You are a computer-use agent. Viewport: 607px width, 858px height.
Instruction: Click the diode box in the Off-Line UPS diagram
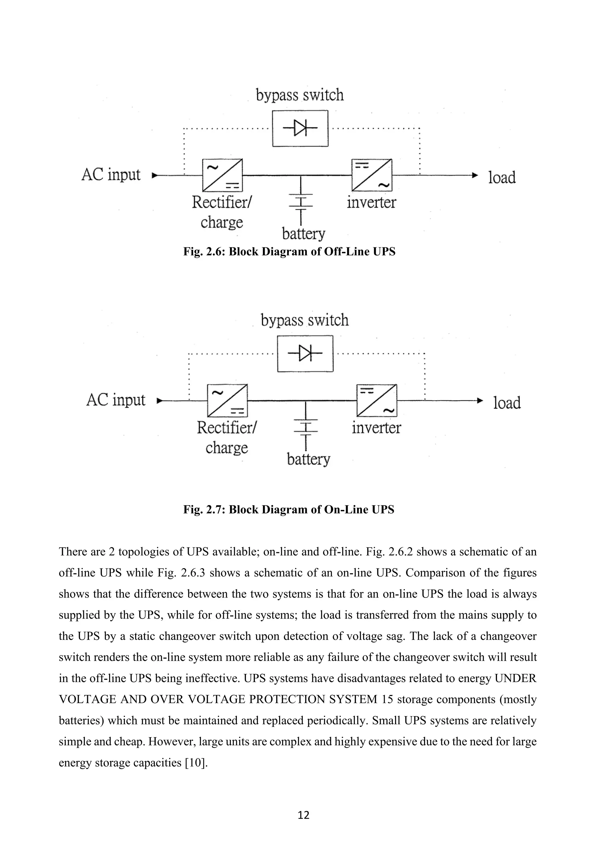click(300, 128)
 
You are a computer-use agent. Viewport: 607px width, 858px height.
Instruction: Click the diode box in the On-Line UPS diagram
click(305, 353)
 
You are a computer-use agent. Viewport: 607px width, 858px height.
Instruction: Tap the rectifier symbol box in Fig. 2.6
click(222, 175)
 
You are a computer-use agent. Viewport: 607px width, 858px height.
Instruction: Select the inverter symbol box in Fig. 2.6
click(372, 175)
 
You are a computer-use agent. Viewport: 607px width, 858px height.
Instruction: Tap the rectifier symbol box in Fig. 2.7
click(227, 400)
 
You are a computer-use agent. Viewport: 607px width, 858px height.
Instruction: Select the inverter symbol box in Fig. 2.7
click(377, 400)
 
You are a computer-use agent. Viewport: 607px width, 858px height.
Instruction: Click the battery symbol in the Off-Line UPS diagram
click(301, 202)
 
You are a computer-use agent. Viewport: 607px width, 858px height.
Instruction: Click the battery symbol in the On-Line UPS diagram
click(306, 427)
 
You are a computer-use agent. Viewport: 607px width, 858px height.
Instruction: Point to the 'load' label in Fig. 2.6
click(502, 177)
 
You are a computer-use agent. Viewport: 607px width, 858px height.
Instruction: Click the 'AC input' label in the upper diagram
click(111, 175)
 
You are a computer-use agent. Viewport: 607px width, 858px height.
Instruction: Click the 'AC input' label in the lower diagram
click(116, 400)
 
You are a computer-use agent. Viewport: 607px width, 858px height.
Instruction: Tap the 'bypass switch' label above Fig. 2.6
click(300, 95)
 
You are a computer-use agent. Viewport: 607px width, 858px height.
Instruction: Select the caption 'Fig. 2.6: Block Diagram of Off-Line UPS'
click(289, 252)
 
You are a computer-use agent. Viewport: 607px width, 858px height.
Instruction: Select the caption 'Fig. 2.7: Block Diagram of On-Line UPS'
click(289, 510)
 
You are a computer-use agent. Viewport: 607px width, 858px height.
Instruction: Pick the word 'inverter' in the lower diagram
click(376, 428)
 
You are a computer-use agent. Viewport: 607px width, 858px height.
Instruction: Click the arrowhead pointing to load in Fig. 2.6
click(475, 175)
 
